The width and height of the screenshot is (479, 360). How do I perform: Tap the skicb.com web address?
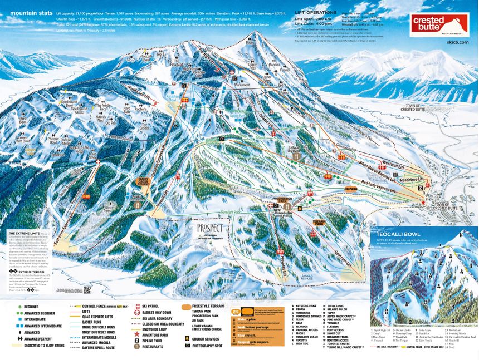point(456,42)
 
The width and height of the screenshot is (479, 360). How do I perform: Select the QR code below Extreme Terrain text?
point(87,289)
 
